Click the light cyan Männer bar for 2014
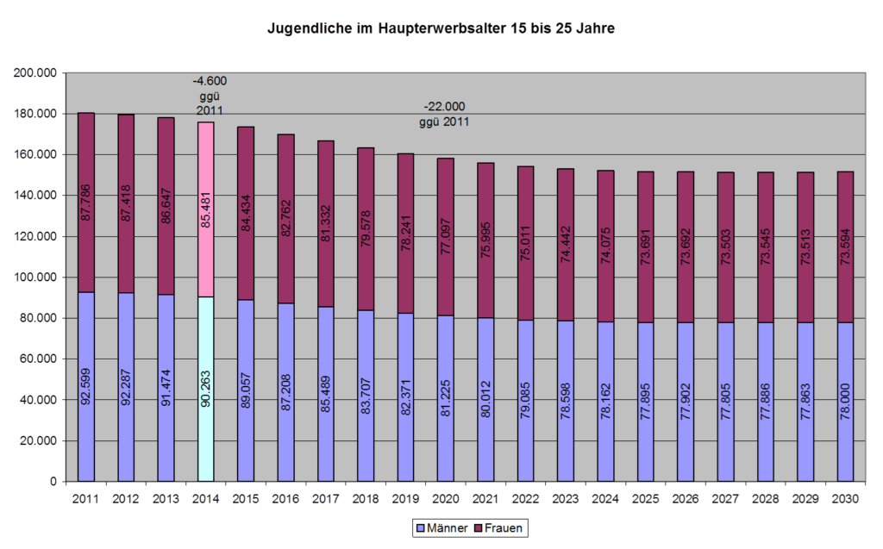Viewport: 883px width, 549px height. click(x=205, y=388)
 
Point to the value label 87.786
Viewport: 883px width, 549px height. click(x=86, y=203)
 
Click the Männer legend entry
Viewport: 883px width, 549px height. click(x=441, y=527)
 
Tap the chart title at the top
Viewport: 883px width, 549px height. click(x=441, y=29)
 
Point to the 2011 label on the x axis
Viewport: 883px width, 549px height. click(x=85, y=499)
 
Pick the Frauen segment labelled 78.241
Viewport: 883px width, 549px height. click(x=404, y=233)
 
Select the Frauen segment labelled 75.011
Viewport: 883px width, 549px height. click(x=524, y=243)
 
